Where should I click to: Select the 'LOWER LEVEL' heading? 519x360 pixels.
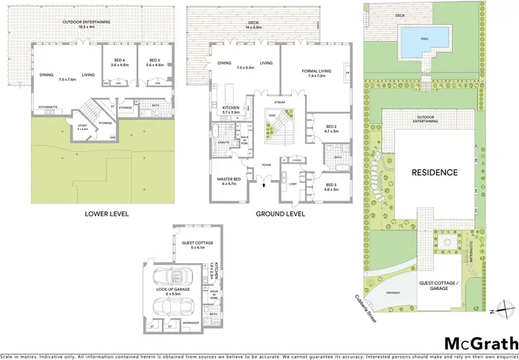(x=107, y=214)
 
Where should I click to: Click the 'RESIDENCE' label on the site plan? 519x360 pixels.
(x=435, y=172)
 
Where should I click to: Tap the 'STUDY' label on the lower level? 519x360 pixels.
(x=82, y=126)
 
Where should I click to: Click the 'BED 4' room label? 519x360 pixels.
(x=120, y=60)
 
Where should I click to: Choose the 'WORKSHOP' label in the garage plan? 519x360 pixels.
(x=190, y=323)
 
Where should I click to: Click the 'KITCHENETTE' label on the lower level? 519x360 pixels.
(x=48, y=108)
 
